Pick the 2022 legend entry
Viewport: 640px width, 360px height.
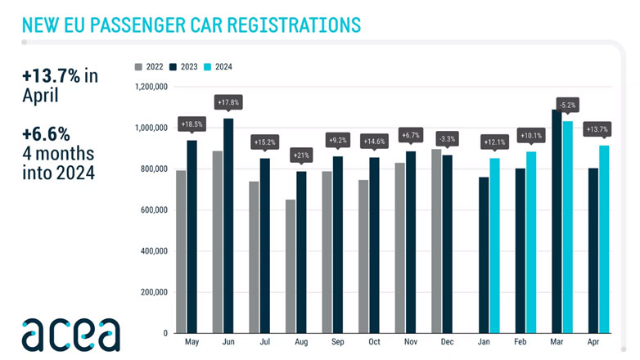coord(151,66)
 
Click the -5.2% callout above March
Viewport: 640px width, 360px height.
coord(568,105)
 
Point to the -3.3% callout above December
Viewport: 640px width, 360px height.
coord(446,137)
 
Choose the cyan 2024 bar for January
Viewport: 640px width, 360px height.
coord(494,245)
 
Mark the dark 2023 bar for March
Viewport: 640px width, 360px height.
coord(557,221)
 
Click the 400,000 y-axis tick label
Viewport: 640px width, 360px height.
coord(151,250)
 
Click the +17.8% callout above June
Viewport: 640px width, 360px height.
coord(228,102)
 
